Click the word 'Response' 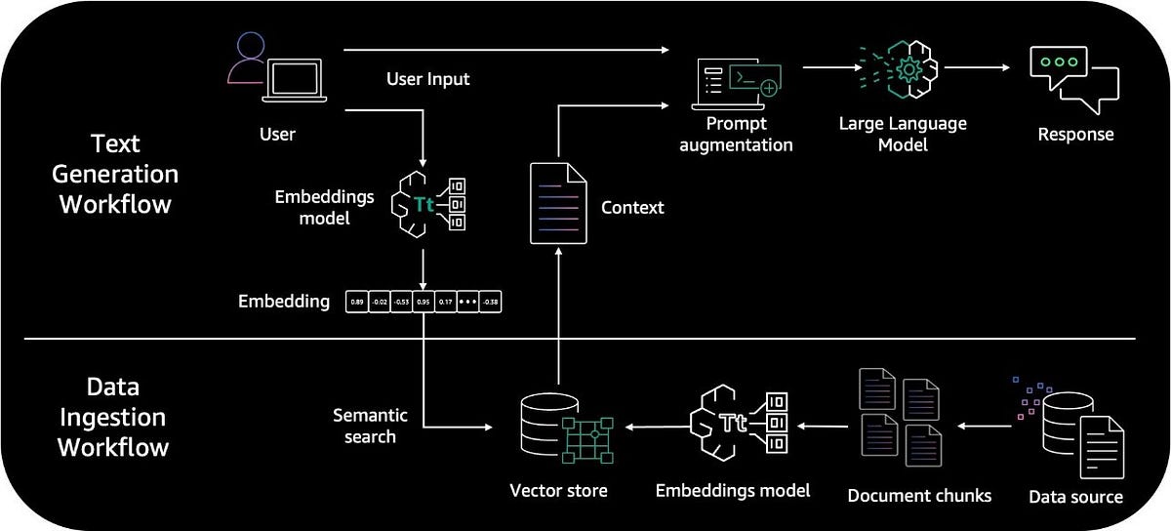[1074, 134]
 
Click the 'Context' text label [632, 207]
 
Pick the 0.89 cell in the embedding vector [357, 302]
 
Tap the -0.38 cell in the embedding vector [492, 302]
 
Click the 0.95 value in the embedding [424, 302]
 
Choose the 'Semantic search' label [370, 427]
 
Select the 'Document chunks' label [919, 496]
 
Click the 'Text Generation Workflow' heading [115, 174]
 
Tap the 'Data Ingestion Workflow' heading [112, 417]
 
